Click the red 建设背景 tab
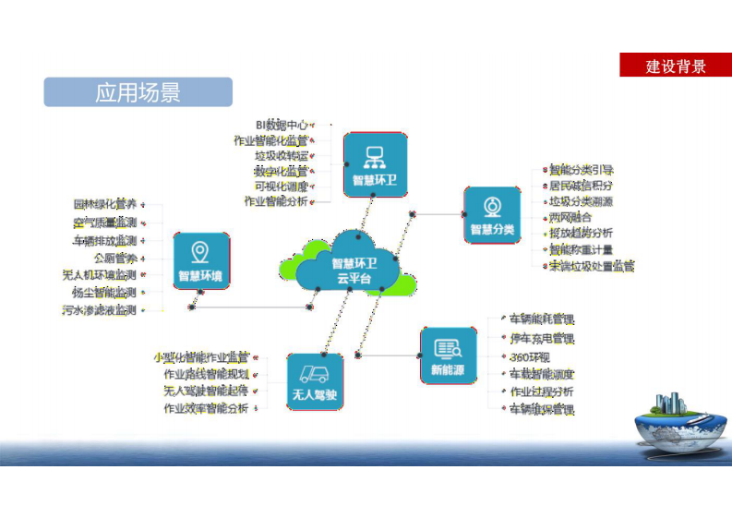click(676, 66)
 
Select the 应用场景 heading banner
click(138, 92)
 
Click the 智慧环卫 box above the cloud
click(375, 163)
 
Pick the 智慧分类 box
click(492, 214)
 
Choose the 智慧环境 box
click(200, 261)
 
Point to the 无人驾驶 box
click(315, 381)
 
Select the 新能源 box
click(448, 355)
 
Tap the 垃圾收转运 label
click(282, 155)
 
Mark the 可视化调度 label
click(282, 186)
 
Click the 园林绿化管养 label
click(105, 203)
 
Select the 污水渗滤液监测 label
click(99, 311)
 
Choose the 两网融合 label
click(570, 217)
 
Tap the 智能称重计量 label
click(586, 249)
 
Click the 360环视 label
click(529, 357)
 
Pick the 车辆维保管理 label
click(542, 409)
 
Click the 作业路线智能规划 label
click(207, 374)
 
